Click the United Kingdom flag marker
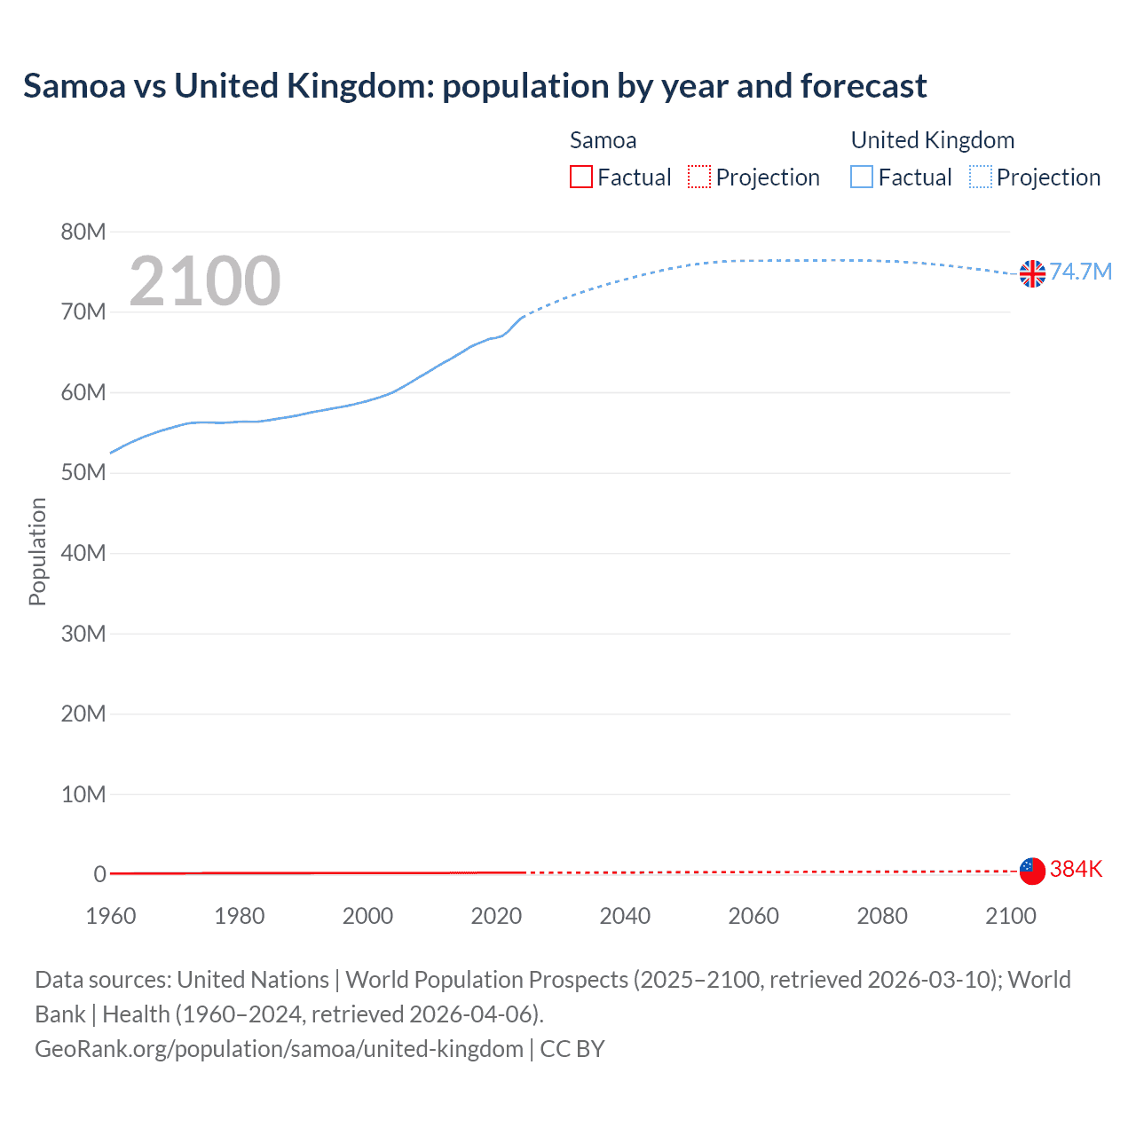(1032, 273)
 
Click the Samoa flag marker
(1032, 871)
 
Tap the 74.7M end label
(1081, 272)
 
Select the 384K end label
(1076, 869)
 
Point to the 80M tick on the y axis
(83, 232)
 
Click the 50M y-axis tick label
(83, 472)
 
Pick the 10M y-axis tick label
(83, 793)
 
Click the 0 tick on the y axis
(99, 874)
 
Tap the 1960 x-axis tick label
(111, 916)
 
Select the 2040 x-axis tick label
(625, 916)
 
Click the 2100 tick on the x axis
(1011, 916)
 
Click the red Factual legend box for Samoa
(581, 177)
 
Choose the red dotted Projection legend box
(699, 177)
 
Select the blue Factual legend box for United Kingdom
(862, 177)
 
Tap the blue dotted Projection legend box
(981, 177)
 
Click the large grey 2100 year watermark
(205, 281)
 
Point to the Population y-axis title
(37, 551)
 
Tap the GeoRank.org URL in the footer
(279, 1048)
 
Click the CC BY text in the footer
(572, 1048)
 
